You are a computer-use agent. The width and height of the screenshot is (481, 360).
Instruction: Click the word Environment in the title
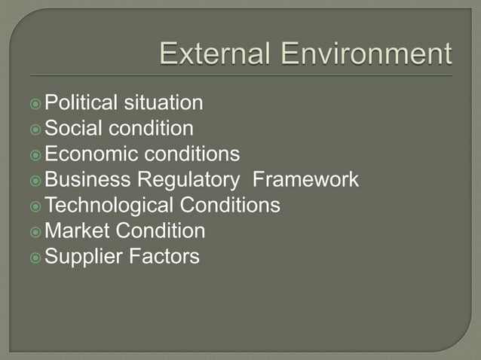(367, 55)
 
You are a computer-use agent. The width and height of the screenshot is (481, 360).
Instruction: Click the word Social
(73, 128)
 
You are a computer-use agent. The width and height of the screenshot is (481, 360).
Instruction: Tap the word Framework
(306, 179)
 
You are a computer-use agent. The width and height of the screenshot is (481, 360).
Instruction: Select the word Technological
(109, 205)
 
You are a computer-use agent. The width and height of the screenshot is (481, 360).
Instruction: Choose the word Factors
(164, 256)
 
